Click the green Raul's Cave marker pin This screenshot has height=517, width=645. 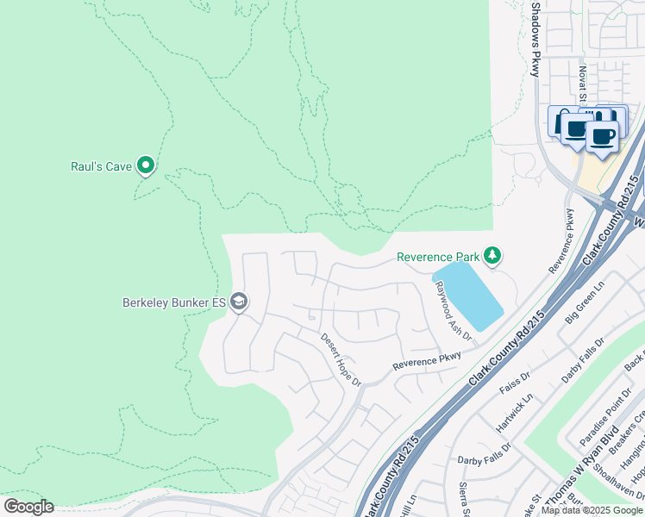point(146,164)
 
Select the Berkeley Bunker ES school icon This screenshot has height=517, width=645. point(240,302)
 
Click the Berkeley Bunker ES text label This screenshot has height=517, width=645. point(173,302)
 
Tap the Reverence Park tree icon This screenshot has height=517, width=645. point(492,255)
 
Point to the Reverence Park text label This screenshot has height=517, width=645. point(437,257)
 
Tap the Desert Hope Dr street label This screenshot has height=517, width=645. point(340,358)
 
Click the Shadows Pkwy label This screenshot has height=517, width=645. point(535,39)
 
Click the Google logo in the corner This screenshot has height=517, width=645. point(28,507)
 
